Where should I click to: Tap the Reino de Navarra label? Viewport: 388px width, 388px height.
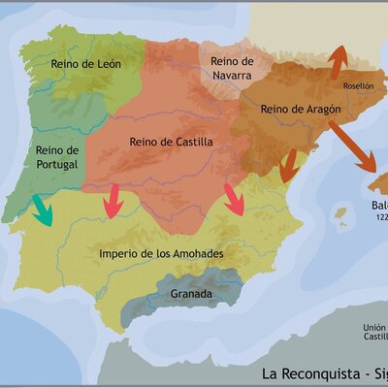(233, 68)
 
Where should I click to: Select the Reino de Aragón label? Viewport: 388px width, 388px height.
(301, 110)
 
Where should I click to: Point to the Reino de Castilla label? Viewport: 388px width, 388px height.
(171, 142)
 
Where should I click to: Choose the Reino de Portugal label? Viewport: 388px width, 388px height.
(56, 158)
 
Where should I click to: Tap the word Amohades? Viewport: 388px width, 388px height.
(197, 254)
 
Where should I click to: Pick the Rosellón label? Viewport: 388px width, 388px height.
(357, 85)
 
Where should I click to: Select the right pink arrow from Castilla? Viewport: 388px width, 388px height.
(235, 200)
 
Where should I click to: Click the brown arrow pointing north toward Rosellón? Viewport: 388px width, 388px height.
(339, 61)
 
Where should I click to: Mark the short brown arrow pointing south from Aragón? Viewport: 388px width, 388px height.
(288, 170)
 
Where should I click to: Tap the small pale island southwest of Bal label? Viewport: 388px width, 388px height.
(340, 212)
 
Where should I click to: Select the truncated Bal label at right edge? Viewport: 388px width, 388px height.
(378, 206)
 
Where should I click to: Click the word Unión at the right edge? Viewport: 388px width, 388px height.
(374, 327)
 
